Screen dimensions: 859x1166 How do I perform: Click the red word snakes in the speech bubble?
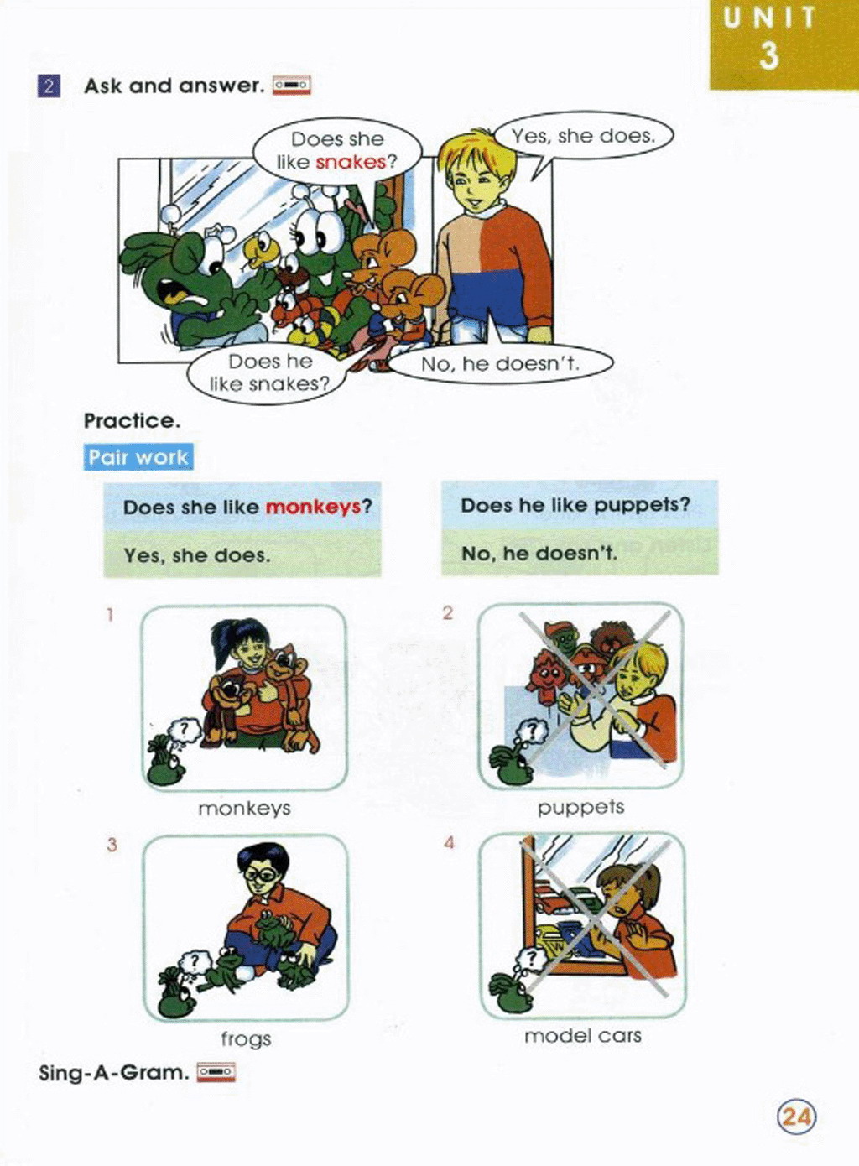coord(351,163)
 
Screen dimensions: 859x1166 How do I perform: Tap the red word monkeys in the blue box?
coord(314,507)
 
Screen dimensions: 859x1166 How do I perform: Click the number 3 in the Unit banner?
coord(768,55)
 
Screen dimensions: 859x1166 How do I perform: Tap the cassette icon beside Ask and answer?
coord(292,85)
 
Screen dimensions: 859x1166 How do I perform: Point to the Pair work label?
coord(138,457)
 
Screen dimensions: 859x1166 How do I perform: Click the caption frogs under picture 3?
coord(246,1039)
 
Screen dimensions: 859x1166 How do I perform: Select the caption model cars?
coord(582,1037)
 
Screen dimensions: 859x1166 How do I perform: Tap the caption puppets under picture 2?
coord(580,809)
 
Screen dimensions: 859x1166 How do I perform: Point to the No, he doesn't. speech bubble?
coord(500,364)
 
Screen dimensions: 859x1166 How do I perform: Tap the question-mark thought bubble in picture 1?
coord(185,731)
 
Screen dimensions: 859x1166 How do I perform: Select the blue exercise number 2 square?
coord(49,86)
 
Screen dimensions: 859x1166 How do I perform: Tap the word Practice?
coord(132,420)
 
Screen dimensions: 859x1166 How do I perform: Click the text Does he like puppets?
coord(575,506)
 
